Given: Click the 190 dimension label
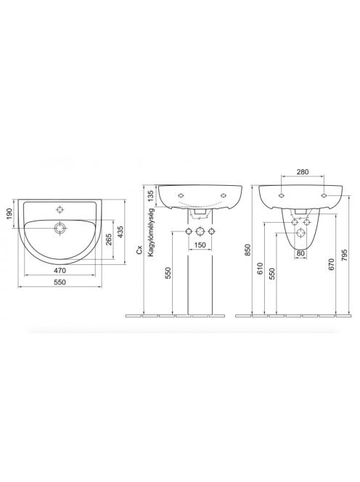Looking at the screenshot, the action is point(9,213).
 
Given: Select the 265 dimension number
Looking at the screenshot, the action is point(109,239).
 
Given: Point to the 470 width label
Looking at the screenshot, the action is point(60,271).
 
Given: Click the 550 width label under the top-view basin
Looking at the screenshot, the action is point(60,282).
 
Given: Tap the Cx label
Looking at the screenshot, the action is point(140,250).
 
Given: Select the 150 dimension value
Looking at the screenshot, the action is point(200,245).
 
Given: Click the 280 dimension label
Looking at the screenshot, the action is point(303,172).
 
